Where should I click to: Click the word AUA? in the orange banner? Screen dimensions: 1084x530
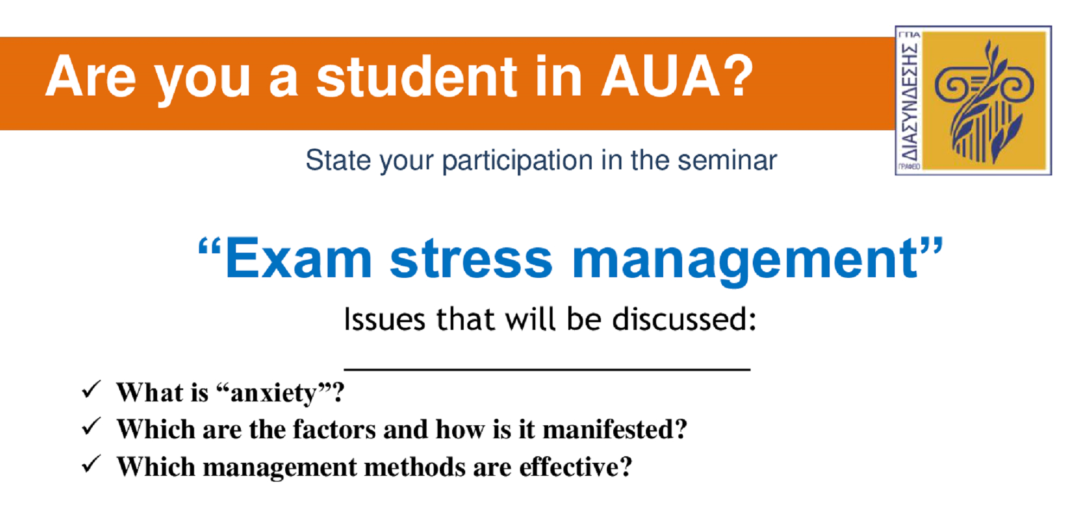(x=677, y=76)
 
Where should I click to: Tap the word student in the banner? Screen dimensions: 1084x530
(x=417, y=76)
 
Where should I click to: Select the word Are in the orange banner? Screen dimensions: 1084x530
(x=91, y=77)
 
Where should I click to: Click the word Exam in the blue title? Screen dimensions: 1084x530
(x=299, y=259)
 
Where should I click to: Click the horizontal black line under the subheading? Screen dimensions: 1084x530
(x=547, y=369)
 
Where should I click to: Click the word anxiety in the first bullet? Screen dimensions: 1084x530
(x=273, y=393)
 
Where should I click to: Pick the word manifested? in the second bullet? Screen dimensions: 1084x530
(x=615, y=429)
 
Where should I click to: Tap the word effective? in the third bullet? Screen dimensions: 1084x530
(x=575, y=467)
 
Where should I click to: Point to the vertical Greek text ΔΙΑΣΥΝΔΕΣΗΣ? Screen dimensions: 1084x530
(x=909, y=101)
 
